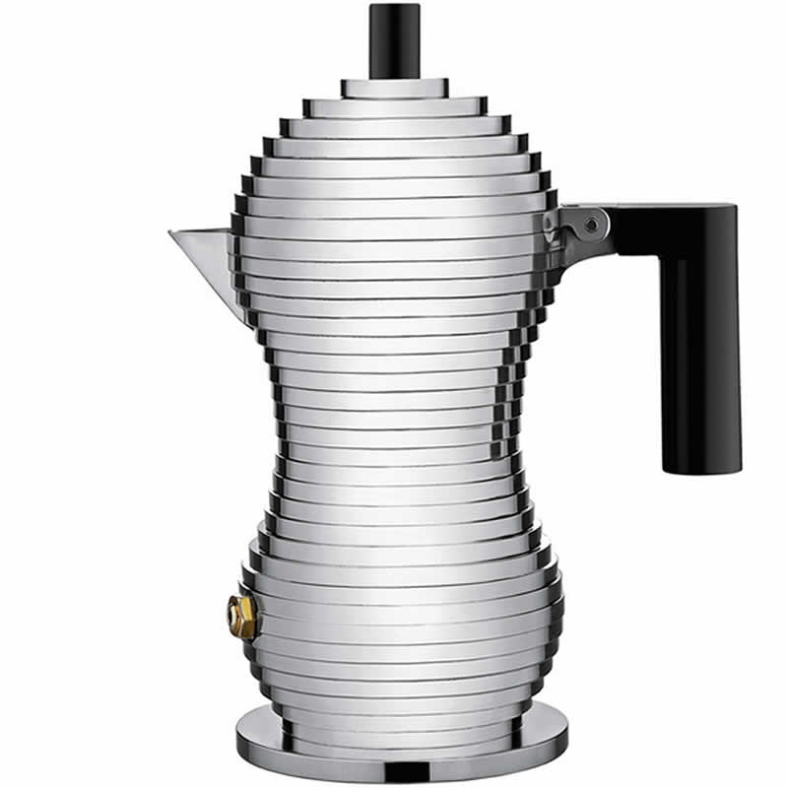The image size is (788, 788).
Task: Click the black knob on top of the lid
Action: click(394, 39)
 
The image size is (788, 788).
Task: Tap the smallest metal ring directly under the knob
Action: click(394, 88)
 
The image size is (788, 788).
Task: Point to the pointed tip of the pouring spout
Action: click(171, 233)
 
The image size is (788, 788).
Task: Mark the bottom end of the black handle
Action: click(698, 469)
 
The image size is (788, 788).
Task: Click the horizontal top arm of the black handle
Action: click(670, 225)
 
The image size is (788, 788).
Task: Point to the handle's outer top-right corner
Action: click(734, 207)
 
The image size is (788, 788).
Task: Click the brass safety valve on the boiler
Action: click(241, 617)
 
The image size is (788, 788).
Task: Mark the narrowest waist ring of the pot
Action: click(394, 433)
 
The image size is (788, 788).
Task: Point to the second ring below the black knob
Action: click(394, 106)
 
